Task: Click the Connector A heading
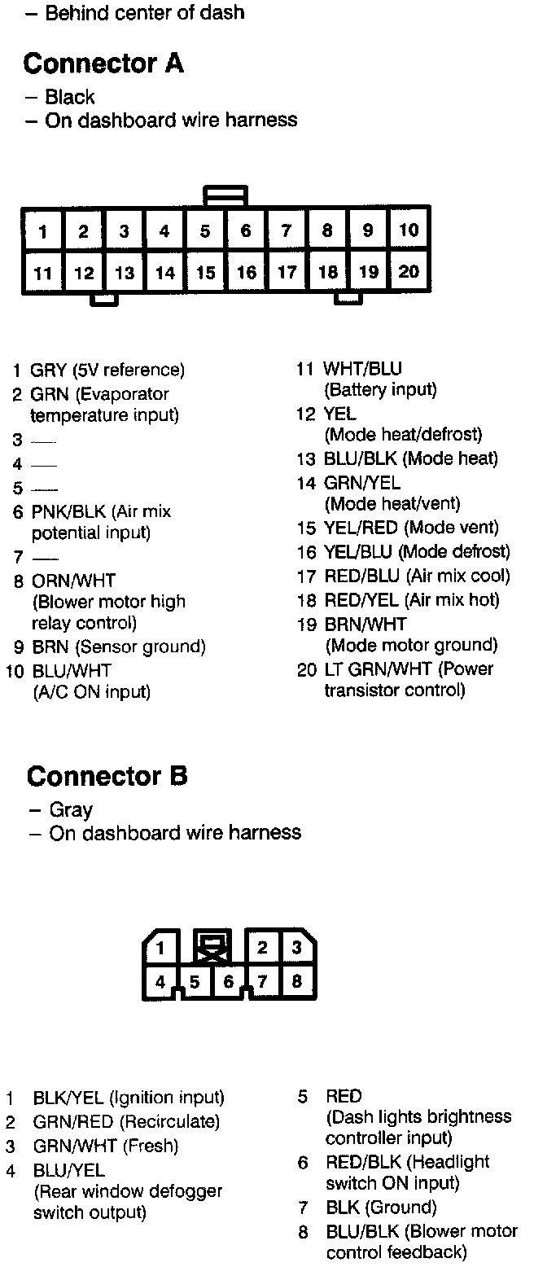103,64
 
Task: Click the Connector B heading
107,776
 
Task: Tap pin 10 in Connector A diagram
409,230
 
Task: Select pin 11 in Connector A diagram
43,273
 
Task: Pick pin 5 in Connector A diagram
205,231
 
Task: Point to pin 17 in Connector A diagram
287,272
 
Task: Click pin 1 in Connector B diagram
161,948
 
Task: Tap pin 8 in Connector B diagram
296,981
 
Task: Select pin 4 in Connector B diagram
160,982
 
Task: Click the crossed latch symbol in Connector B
212,947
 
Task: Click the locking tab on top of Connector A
226,195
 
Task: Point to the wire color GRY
48,370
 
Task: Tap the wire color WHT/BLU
362,370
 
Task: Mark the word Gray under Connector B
71,810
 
